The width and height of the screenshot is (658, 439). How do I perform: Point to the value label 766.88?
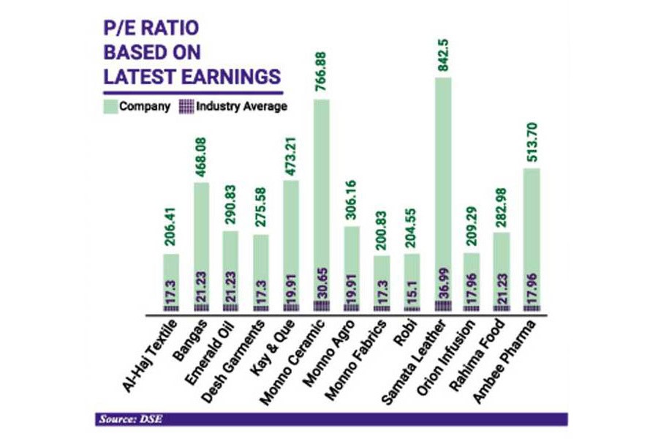pos(322,73)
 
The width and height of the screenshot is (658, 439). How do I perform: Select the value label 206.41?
pos(171,228)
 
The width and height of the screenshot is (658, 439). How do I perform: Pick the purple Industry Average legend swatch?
pos(186,106)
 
